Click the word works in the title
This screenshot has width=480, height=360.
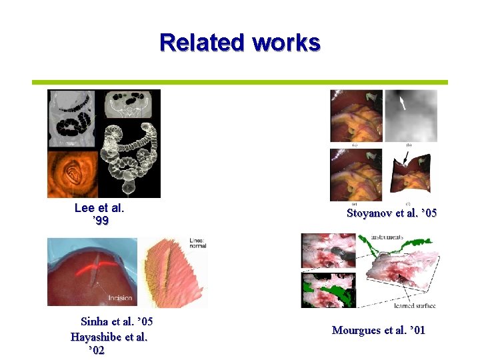click(286, 43)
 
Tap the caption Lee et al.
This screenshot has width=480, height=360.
click(100, 207)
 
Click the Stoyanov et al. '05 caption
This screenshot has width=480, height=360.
click(392, 213)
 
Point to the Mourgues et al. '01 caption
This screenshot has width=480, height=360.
click(378, 330)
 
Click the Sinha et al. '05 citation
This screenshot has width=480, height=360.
click(117, 323)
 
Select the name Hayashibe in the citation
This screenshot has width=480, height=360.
click(95, 337)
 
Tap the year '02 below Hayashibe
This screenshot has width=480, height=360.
click(96, 351)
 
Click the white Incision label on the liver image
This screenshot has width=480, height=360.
click(119, 297)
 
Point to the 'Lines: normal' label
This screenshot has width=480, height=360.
click(197, 242)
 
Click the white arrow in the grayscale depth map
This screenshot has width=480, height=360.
click(402, 102)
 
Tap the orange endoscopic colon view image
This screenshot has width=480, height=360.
click(72, 174)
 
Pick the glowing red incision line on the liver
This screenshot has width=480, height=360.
click(93, 271)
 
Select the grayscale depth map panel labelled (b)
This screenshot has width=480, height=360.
click(412, 115)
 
